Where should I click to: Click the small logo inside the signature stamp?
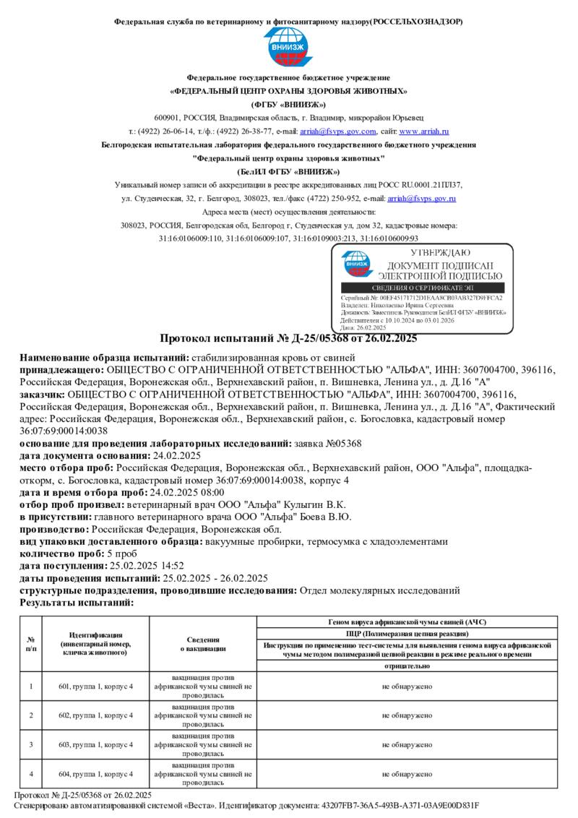[x=355, y=264]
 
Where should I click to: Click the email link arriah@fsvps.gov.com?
[x=337, y=132]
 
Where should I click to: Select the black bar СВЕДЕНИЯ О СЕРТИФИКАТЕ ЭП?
[x=421, y=288]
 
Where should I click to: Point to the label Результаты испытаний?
[x=77, y=602]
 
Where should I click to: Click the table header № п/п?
[x=31, y=643]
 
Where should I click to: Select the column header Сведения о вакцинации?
[x=203, y=643]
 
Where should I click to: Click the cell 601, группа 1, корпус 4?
[x=95, y=685]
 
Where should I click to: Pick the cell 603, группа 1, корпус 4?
[x=95, y=744]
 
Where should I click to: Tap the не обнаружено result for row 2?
[x=407, y=715]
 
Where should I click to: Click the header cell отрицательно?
[x=407, y=666]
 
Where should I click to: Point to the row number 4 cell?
[x=31, y=774]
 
